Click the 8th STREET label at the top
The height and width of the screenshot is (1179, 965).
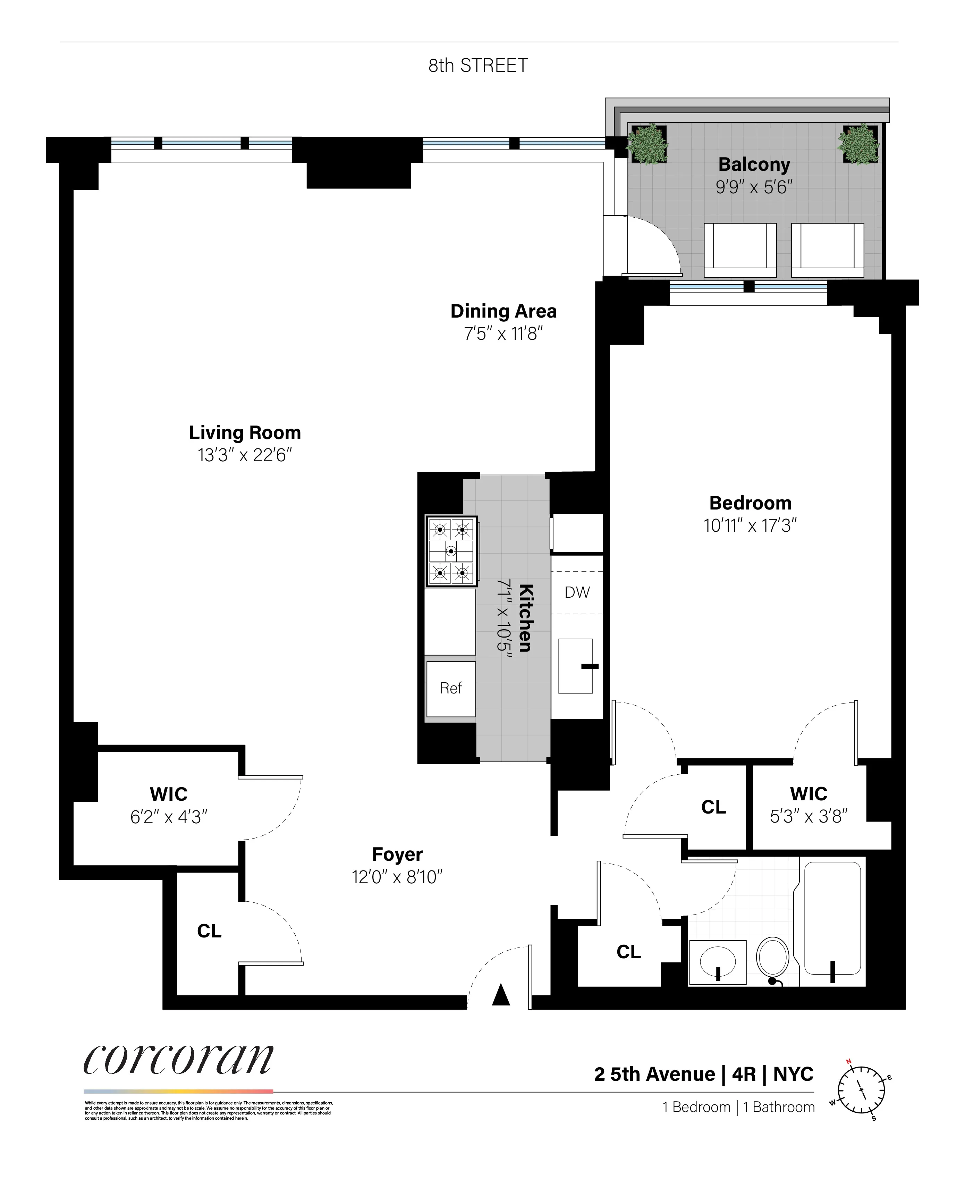(x=477, y=66)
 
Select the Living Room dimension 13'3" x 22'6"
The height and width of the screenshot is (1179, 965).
(x=245, y=455)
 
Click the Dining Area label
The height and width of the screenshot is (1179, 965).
(x=503, y=311)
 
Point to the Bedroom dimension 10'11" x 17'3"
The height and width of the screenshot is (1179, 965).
(x=750, y=525)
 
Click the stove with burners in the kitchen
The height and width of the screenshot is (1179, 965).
(x=451, y=551)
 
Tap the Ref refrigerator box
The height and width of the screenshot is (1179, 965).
(x=451, y=688)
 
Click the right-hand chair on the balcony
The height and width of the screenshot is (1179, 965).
(x=827, y=250)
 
